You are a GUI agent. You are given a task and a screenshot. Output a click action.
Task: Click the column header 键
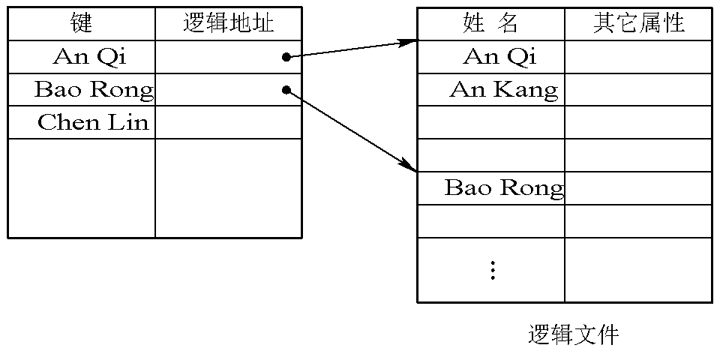tap(81, 23)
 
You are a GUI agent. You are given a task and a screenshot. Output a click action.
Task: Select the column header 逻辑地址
tap(228, 23)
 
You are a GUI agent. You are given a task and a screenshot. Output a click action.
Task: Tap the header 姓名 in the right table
tap(490, 23)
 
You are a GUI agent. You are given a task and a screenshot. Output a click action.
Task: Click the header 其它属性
tap(638, 23)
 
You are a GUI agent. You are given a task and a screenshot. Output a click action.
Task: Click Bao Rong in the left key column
tap(94, 90)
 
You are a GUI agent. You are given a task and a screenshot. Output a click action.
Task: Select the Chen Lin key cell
tap(93, 122)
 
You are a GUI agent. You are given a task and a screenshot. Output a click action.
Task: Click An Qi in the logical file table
tap(500, 56)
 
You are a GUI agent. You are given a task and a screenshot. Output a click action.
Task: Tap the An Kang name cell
tap(504, 90)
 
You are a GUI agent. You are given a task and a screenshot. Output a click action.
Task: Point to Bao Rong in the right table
tap(504, 187)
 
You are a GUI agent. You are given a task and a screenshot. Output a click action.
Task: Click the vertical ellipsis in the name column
tap(493, 270)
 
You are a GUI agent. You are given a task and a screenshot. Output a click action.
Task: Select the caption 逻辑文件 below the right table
tap(574, 334)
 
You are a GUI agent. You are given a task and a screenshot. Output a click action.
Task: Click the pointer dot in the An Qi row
tap(286, 57)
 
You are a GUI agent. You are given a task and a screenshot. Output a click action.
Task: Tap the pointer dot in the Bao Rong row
tap(286, 90)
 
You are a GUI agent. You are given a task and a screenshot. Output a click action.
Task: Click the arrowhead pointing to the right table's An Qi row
tap(409, 42)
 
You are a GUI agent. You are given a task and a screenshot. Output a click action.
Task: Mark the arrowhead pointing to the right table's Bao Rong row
tap(409, 166)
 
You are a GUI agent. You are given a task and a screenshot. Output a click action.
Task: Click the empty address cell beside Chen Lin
tap(228, 122)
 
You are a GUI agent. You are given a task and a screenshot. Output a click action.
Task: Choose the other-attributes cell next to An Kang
tap(637, 90)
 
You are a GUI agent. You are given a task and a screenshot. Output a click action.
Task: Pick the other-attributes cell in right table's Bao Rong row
tap(637, 187)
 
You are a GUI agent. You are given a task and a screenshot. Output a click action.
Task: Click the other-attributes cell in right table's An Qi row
tap(637, 56)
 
